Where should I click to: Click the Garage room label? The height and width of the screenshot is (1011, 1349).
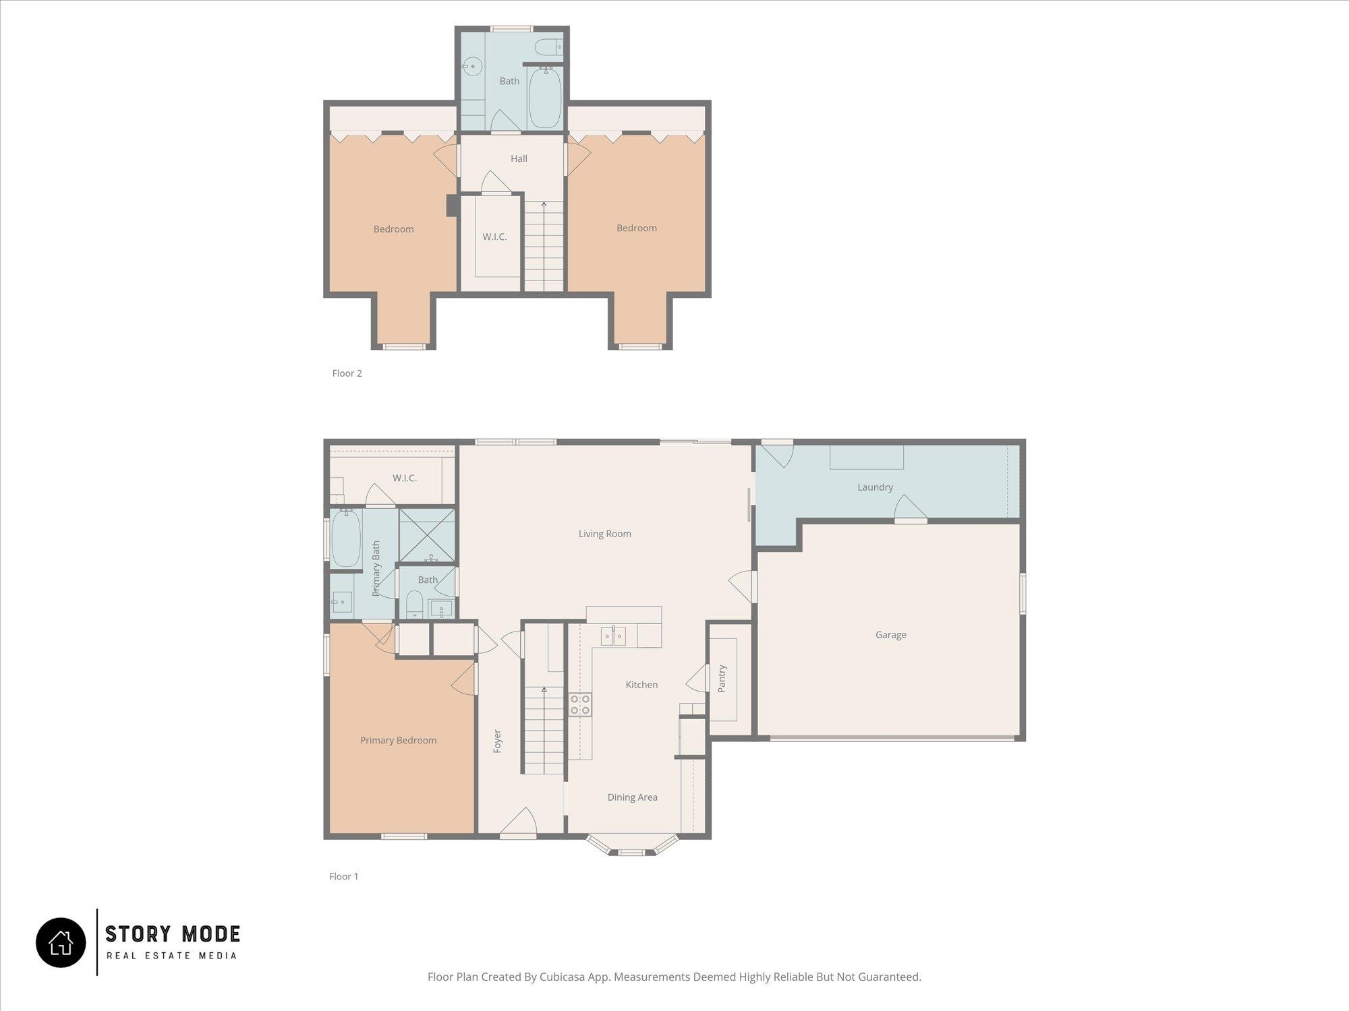click(890, 635)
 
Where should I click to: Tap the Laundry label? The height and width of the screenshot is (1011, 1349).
click(875, 487)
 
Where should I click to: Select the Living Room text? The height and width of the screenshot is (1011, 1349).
click(604, 534)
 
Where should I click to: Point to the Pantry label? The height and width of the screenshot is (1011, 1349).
click(722, 679)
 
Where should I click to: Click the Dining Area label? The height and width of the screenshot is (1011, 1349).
click(632, 797)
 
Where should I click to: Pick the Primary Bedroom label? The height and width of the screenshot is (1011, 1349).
click(398, 741)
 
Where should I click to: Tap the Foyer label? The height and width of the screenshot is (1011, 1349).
click(497, 741)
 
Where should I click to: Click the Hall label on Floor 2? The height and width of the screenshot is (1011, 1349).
click(519, 159)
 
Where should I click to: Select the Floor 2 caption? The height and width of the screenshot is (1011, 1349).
click(347, 373)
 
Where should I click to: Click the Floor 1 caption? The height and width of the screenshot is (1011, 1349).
click(343, 876)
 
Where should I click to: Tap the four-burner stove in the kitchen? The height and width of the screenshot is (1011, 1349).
click(580, 704)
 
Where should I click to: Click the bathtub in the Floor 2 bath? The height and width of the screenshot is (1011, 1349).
click(544, 98)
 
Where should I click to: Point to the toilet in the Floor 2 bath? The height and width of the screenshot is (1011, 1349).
click(548, 47)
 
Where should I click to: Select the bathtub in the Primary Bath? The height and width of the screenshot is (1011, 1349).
click(345, 539)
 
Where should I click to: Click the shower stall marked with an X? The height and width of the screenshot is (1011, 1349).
click(426, 535)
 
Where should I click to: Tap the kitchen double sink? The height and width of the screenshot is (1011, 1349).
click(613, 636)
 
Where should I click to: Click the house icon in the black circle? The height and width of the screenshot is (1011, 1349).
click(61, 943)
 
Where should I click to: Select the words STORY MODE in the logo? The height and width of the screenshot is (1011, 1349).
click(173, 934)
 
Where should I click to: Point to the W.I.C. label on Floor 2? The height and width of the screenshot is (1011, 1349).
click(494, 237)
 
